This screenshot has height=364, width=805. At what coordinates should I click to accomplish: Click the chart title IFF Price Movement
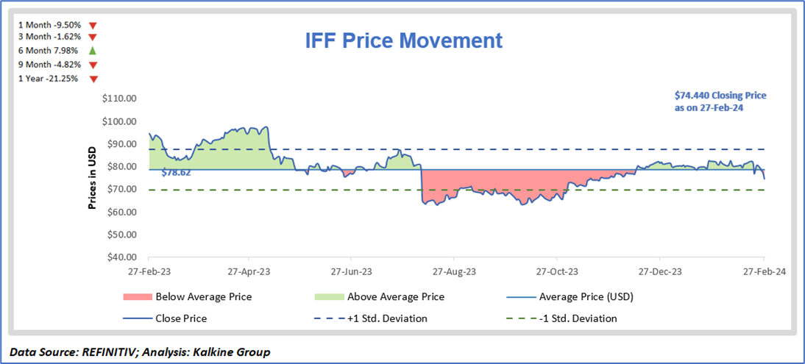(404, 40)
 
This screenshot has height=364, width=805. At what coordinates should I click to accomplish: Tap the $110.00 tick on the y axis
(121, 99)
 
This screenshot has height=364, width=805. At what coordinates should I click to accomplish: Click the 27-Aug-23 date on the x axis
(454, 271)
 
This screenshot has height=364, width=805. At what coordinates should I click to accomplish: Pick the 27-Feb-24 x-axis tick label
(763, 271)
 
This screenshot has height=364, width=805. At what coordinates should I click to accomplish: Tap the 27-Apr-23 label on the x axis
(249, 271)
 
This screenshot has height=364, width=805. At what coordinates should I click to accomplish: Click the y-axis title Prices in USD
(93, 177)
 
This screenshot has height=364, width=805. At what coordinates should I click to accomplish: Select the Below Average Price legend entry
(204, 297)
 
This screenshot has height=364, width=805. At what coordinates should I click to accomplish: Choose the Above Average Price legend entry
(396, 297)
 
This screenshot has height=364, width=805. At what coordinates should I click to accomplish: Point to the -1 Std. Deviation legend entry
(575, 318)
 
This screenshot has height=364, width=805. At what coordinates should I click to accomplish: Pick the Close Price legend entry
(181, 318)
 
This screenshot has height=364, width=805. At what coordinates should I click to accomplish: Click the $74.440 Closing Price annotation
(721, 101)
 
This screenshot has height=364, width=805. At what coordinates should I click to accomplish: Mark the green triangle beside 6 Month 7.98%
(93, 51)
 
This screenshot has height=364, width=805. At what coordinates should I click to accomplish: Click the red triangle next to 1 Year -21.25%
(93, 79)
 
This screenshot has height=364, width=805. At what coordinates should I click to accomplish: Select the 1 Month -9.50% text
(49, 24)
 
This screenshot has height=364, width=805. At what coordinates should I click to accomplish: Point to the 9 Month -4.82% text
(49, 65)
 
